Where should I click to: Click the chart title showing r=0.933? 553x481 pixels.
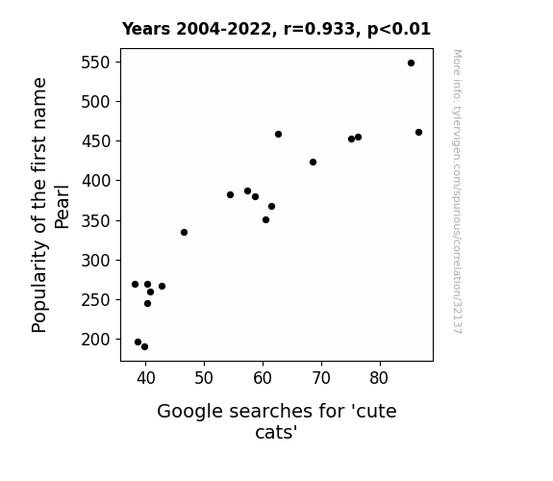276,29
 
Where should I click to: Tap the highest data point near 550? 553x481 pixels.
411,63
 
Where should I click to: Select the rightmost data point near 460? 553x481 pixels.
418,133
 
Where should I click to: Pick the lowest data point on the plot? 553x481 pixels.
144,347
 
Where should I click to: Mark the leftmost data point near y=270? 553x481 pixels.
135,285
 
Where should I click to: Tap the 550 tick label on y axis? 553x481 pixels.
96,63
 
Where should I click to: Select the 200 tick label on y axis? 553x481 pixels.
96,340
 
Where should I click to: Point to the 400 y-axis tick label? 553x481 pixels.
96,181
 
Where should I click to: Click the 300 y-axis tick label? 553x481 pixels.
96,261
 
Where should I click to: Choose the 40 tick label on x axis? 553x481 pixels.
145,378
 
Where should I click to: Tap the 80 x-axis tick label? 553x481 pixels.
380,378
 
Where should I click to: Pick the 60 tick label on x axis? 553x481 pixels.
263,378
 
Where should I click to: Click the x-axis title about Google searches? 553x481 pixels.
277,421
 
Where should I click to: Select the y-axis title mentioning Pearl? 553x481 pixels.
50,205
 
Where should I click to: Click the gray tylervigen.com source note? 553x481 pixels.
457,191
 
